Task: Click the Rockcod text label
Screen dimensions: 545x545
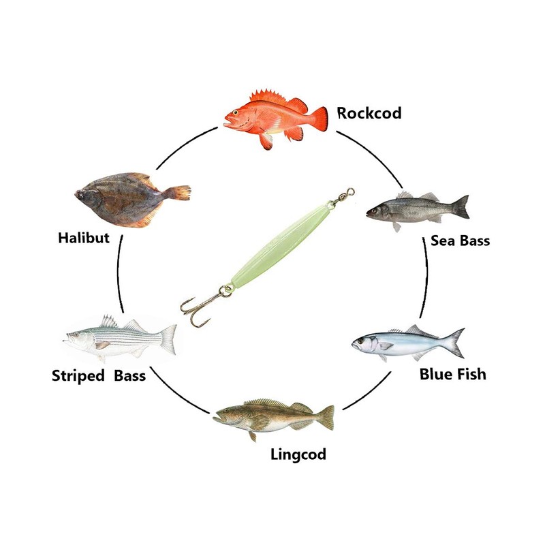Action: click(x=369, y=112)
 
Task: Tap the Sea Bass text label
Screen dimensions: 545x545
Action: click(x=460, y=240)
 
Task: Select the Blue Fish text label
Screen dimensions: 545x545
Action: click(x=452, y=374)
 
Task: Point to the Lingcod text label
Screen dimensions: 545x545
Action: click(x=296, y=454)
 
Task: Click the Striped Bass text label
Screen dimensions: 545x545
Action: click(x=99, y=375)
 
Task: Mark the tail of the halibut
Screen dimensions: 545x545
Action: click(x=178, y=193)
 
